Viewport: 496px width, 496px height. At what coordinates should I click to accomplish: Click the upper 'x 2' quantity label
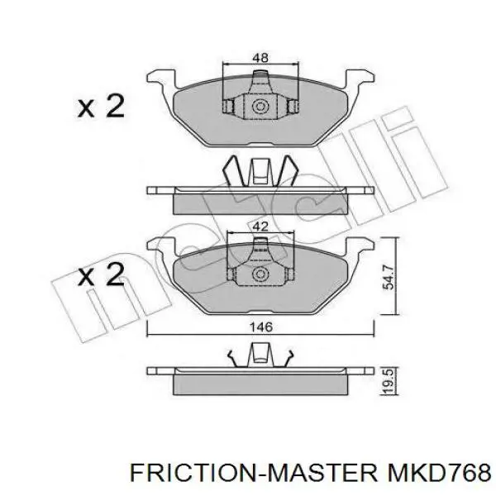(x=101, y=107)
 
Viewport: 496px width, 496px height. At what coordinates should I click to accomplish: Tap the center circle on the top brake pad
(x=260, y=107)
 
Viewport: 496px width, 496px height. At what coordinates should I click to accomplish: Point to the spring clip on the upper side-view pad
(x=260, y=171)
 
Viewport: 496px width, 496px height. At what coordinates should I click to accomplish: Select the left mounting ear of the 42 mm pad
(x=161, y=246)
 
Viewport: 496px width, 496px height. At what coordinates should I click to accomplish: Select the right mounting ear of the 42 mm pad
(x=359, y=246)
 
